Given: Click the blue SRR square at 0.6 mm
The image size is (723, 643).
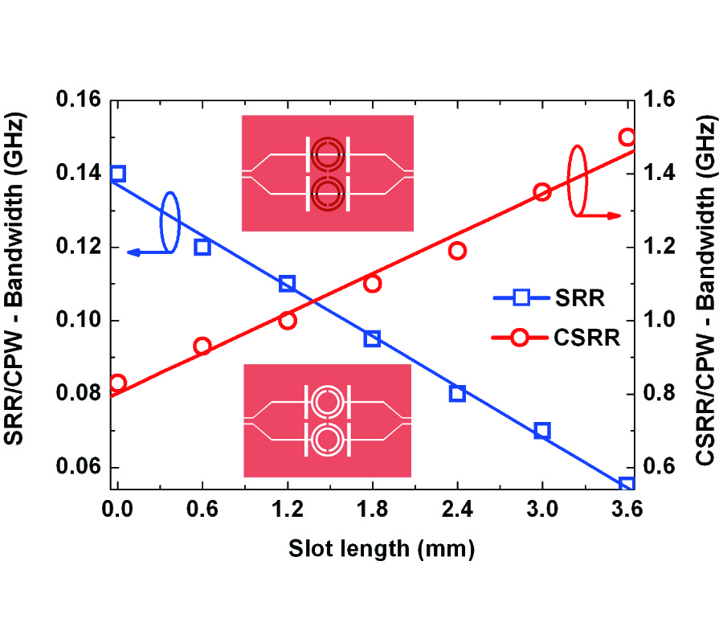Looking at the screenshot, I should (x=202, y=247).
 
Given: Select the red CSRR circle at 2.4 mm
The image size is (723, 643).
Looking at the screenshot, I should (x=457, y=251).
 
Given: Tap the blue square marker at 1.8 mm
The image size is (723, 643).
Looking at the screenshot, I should (x=372, y=338).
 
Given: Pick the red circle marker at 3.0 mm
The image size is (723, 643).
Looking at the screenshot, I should (x=542, y=192).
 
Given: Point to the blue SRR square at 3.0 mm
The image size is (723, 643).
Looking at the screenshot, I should (x=542, y=431).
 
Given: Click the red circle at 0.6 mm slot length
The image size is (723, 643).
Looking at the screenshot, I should (x=202, y=346).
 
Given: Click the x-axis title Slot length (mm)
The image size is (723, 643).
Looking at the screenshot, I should (x=373, y=549).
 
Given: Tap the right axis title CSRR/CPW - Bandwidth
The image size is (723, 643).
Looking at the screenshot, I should (x=705, y=293).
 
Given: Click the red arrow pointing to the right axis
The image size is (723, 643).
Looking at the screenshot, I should (x=602, y=215).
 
